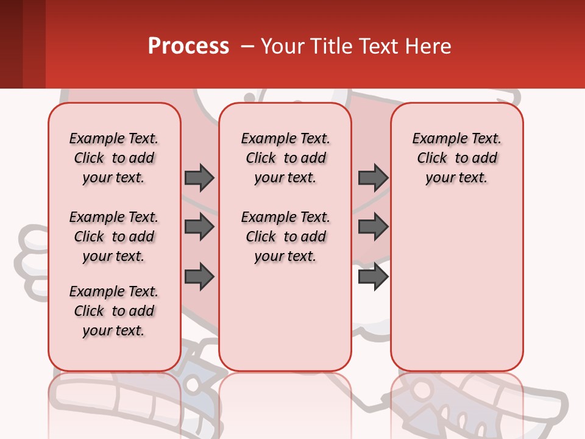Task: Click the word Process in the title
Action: click(x=188, y=46)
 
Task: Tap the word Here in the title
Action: click(x=427, y=46)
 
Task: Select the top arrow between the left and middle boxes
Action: click(x=199, y=177)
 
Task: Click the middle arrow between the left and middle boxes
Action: click(x=199, y=227)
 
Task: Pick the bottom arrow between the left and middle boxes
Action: click(x=199, y=277)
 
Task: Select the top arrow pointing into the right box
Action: click(x=373, y=177)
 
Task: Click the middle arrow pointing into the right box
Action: click(x=373, y=227)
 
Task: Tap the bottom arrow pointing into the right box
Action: click(x=373, y=277)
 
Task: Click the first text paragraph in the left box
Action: click(x=114, y=158)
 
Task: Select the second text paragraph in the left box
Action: click(x=114, y=237)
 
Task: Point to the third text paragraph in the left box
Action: click(x=114, y=311)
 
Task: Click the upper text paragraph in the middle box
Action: click(x=285, y=158)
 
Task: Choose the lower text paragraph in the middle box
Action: click(x=285, y=237)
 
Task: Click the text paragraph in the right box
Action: click(x=456, y=158)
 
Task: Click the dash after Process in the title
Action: click(x=247, y=46)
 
